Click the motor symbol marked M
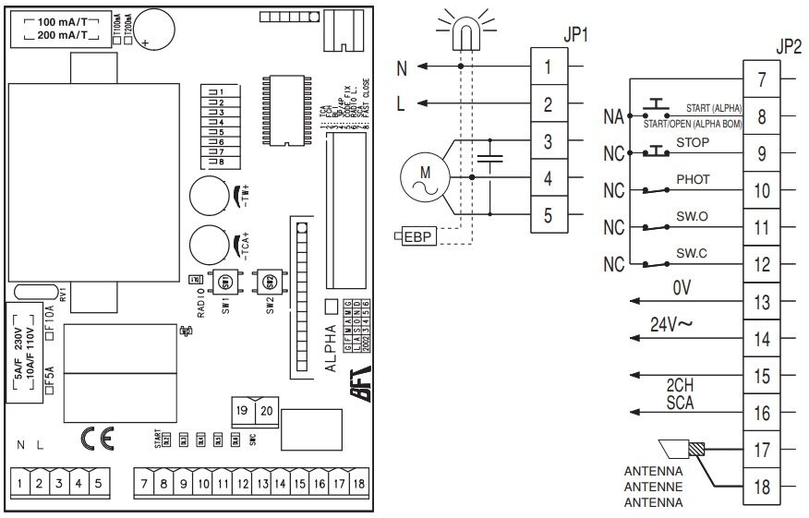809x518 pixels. click(425, 175)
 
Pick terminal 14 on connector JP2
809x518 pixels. click(762, 339)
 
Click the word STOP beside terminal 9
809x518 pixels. click(693, 143)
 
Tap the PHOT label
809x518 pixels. click(694, 179)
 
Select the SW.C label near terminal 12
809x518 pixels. click(693, 251)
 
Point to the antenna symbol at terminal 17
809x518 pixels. click(682, 450)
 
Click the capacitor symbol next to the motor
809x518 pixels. click(490, 164)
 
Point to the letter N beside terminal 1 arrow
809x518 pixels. click(401, 66)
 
